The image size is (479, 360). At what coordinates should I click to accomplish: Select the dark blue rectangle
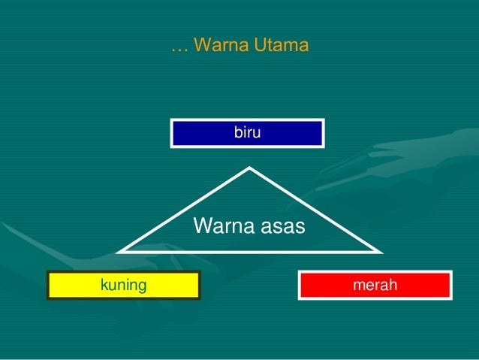click(248, 133)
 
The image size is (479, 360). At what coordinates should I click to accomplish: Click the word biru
click(248, 133)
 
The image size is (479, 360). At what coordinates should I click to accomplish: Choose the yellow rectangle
click(123, 285)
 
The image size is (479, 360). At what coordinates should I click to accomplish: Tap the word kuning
click(123, 285)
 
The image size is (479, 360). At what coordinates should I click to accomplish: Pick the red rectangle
click(375, 285)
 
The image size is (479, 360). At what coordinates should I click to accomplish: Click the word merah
click(375, 285)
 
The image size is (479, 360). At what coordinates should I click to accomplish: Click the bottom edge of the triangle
click(248, 250)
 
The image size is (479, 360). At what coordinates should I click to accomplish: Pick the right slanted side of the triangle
click(312, 208)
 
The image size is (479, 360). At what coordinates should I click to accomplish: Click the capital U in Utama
click(258, 47)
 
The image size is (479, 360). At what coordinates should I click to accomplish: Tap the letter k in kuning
click(104, 285)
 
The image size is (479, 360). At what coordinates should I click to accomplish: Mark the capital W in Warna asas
click(201, 225)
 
